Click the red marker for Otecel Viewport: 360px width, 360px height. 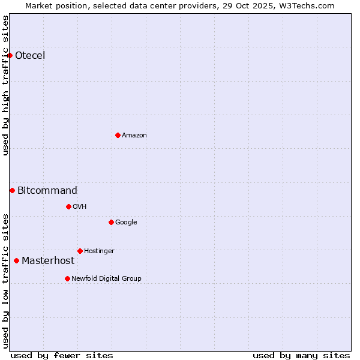[x=10, y=55]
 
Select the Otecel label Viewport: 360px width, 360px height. [x=30, y=56]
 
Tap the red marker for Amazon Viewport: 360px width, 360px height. [x=118, y=135]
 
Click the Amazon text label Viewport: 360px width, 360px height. [x=134, y=136]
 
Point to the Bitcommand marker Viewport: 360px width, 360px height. [x=12, y=190]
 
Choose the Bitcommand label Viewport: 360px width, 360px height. [x=47, y=191]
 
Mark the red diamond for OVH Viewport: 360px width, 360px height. [x=68, y=206]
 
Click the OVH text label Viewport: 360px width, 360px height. [x=80, y=207]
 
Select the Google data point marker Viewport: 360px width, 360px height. [x=111, y=222]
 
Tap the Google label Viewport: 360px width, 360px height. [x=126, y=223]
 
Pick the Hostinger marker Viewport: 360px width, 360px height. [x=80, y=251]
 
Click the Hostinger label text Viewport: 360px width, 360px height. [x=99, y=251]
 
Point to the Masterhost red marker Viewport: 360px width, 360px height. [x=16, y=260]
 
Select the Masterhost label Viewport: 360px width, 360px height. [x=48, y=261]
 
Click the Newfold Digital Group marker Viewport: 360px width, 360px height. [x=67, y=278]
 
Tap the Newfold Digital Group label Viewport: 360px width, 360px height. [x=106, y=279]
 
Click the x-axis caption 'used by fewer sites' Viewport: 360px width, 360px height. [x=62, y=355]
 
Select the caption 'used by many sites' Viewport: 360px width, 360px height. [x=301, y=355]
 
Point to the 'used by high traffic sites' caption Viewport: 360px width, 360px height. [x=5, y=85]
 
